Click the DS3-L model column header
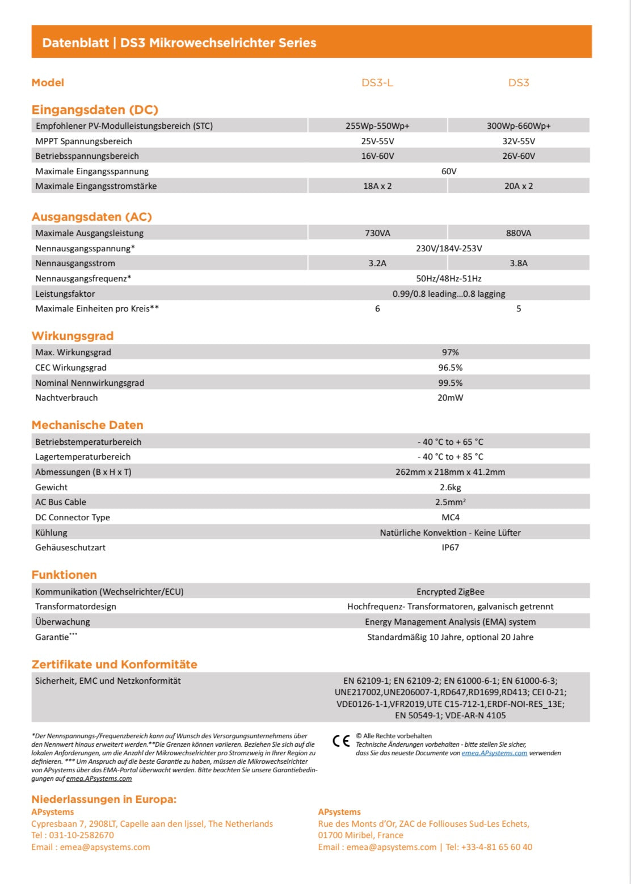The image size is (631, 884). (x=377, y=83)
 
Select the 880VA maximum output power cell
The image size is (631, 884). (x=519, y=233)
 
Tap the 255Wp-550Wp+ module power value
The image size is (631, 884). (x=377, y=126)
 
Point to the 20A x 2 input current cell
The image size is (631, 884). (x=519, y=186)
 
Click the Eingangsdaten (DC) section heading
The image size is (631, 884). (x=95, y=110)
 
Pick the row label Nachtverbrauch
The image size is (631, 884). (x=66, y=398)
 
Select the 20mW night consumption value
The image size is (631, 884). (x=450, y=398)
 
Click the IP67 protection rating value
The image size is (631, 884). (x=450, y=548)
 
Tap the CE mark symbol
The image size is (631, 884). (x=341, y=740)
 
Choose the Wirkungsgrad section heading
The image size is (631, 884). (x=73, y=336)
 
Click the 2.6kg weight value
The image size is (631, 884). (x=450, y=487)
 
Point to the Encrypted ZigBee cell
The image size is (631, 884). (x=450, y=592)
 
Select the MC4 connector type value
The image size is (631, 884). (x=450, y=517)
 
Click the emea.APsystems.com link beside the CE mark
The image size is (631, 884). (x=494, y=753)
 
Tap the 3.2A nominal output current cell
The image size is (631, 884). (x=377, y=263)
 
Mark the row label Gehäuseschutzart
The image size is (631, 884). (x=70, y=548)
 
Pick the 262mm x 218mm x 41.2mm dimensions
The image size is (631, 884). (x=450, y=472)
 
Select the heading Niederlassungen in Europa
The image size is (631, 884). (x=104, y=799)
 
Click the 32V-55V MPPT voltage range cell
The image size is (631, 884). (x=519, y=141)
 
